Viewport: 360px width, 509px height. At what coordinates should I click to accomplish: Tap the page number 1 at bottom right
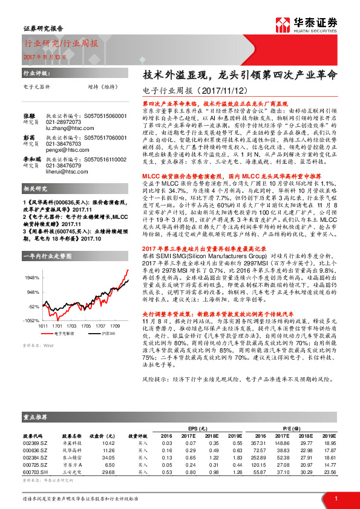click(335, 498)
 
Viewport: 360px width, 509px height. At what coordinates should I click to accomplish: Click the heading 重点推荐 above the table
click(37, 417)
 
